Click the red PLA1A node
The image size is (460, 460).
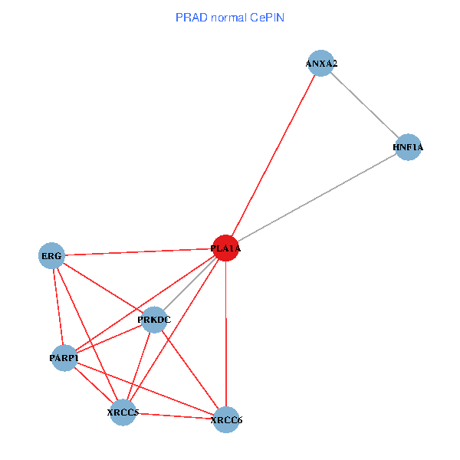click(225, 248)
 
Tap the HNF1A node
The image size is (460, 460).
click(408, 147)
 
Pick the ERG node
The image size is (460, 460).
click(51, 255)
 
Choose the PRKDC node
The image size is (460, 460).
click(154, 320)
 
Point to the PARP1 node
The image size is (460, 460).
click(64, 358)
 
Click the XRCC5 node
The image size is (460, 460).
click(123, 412)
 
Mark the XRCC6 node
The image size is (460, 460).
click(226, 419)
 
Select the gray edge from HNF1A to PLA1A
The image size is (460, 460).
click(317, 198)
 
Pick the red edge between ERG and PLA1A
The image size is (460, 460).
click(138, 251)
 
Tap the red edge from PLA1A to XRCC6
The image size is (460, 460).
click(225, 333)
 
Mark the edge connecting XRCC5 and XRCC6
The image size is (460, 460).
click(174, 416)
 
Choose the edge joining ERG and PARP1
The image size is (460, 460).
click(58, 307)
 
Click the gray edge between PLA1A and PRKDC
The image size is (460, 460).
click(190, 284)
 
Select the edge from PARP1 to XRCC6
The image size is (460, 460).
click(146, 389)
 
